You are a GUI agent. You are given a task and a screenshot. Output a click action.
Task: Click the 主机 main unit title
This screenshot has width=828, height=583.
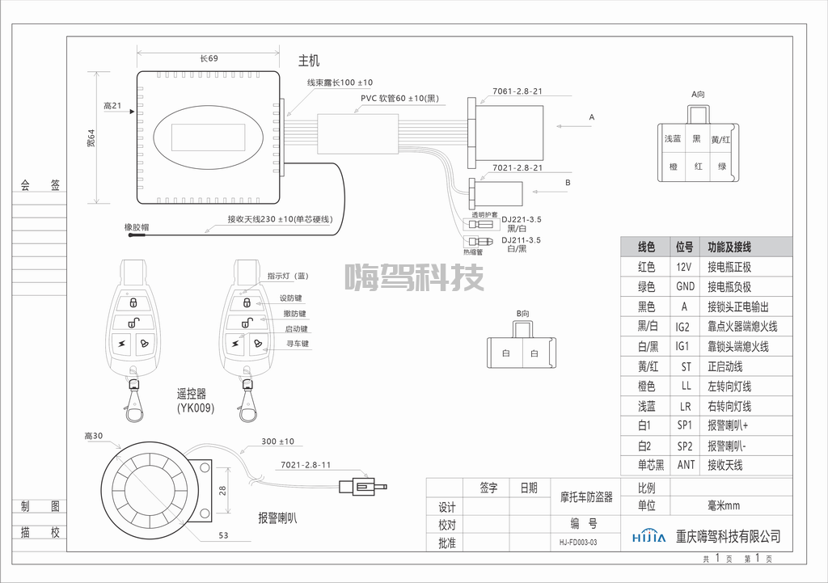(x=310, y=60)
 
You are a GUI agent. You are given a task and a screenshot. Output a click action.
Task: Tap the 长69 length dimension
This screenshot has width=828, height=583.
(x=209, y=58)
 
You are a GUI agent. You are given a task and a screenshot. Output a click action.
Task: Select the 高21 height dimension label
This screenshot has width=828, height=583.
(x=112, y=106)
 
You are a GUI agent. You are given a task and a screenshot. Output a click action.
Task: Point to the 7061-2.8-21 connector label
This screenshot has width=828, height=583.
(x=517, y=91)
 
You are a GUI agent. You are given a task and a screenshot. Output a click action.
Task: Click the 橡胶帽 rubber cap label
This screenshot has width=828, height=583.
(x=136, y=227)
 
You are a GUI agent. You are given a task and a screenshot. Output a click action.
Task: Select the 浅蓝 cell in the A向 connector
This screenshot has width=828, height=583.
(x=673, y=139)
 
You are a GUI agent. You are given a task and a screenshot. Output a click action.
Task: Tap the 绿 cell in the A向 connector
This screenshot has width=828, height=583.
(x=721, y=167)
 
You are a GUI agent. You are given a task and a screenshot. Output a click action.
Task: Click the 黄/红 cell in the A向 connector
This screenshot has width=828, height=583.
(x=721, y=139)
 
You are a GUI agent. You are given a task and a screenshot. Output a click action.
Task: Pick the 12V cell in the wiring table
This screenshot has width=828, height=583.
(x=684, y=267)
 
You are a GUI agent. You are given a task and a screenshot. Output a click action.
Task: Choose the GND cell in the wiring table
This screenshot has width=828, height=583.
(x=685, y=287)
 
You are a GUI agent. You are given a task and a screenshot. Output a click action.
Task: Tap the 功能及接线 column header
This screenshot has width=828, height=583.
(x=729, y=247)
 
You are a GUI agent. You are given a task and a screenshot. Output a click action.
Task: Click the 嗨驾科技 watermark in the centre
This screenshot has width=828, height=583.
(x=414, y=278)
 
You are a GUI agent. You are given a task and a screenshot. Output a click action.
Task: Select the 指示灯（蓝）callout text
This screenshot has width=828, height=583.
(x=289, y=276)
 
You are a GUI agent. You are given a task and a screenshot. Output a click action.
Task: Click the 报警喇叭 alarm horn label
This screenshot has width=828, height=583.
(x=277, y=518)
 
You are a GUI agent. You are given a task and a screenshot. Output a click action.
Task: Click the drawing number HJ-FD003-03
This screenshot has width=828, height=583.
(x=578, y=543)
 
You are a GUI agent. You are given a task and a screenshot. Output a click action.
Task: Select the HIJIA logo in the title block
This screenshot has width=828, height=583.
(x=648, y=536)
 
